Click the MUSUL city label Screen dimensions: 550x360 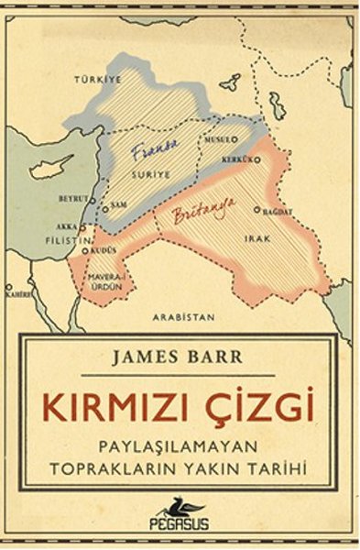(219, 139)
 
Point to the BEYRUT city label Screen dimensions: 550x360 (73, 198)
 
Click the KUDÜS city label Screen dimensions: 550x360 (104, 249)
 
